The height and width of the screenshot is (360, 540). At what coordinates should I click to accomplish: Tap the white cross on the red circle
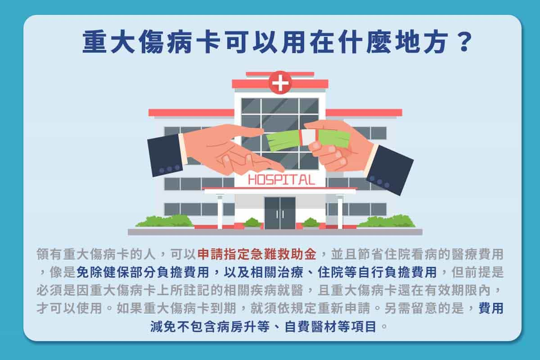(x=280, y=83)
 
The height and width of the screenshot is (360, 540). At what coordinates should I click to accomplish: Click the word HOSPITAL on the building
(x=281, y=180)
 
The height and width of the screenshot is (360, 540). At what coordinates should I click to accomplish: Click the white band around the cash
(x=309, y=138)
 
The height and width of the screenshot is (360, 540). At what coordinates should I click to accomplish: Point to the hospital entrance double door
(x=280, y=213)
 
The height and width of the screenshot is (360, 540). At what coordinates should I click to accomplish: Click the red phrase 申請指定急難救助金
(x=257, y=254)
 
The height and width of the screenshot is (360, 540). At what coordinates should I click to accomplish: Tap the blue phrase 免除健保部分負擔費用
(x=143, y=272)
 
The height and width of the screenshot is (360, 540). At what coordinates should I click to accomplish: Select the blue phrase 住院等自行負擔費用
(x=377, y=272)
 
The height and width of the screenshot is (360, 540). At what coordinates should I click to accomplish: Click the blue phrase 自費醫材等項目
(x=330, y=327)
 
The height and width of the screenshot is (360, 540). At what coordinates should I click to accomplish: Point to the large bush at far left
(x=165, y=221)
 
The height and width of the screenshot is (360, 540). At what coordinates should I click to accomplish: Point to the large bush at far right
(x=386, y=221)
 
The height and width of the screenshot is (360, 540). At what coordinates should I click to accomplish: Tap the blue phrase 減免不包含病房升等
(x=210, y=327)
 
